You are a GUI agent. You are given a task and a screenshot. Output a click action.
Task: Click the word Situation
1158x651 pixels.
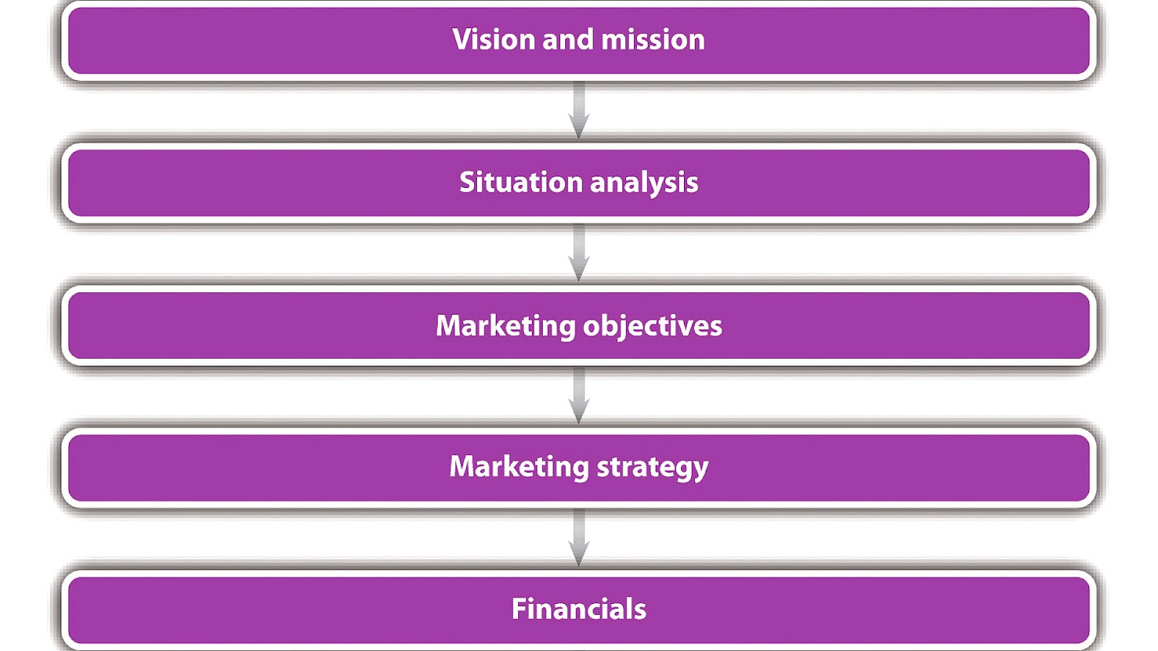coord(520,182)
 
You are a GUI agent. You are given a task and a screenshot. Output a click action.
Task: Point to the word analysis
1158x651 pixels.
coord(644,183)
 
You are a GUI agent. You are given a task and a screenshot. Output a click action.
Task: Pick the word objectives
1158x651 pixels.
coord(652,326)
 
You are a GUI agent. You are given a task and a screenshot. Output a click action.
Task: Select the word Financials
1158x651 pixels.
coord(578,608)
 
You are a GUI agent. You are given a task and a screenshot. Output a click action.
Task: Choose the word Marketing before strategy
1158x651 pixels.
coord(519,467)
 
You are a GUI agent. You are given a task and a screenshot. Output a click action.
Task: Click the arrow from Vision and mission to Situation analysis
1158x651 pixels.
coord(578,110)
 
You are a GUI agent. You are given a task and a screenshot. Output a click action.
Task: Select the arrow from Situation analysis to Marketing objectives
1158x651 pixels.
coord(578,252)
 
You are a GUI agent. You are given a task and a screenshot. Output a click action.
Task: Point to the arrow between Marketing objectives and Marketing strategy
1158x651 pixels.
coord(578,395)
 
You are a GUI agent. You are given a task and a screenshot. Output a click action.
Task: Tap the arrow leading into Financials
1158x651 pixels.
coord(578,537)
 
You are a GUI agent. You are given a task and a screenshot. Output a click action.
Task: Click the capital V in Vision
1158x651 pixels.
coord(462,39)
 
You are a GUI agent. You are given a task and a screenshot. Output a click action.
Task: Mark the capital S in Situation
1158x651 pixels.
coord(468,182)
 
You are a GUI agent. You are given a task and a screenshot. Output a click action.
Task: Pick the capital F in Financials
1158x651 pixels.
coord(519,608)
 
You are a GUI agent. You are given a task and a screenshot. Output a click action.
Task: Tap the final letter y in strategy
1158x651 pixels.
coord(700,469)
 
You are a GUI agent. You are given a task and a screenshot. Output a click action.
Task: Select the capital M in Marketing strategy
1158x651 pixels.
coord(462,467)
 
